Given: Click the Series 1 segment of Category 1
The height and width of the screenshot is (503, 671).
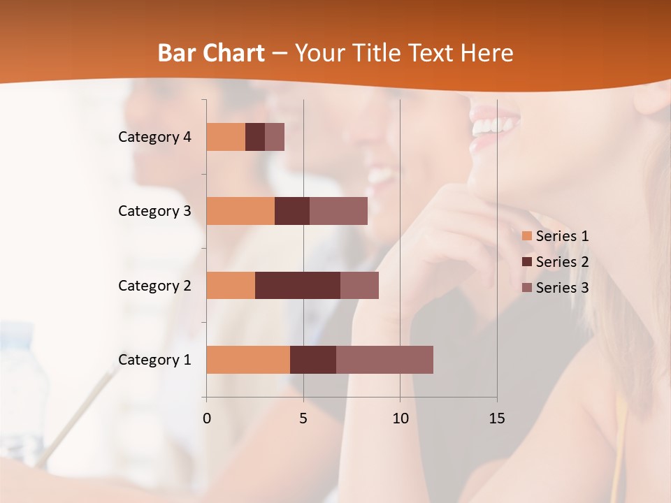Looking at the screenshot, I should click(x=248, y=359).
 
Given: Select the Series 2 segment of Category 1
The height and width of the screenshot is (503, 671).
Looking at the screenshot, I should click(x=313, y=359).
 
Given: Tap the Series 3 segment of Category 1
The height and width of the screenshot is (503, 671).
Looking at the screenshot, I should click(x=384, y=359).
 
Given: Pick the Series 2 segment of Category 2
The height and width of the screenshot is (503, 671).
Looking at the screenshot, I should click(x=298, y=285).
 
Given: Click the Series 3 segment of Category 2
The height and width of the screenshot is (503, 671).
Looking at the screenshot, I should click(x=359, y=285).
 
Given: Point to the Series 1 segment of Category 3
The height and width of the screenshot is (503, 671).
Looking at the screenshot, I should click(x=240, y=211).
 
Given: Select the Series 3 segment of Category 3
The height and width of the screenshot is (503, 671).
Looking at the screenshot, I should click(x=338, y=211).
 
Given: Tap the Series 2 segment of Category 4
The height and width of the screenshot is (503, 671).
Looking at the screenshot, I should click(x=255, y=137).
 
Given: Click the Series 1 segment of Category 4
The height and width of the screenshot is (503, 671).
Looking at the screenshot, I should click(x=226, y=137).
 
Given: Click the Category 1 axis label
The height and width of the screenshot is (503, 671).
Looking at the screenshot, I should click(x=154, y=360).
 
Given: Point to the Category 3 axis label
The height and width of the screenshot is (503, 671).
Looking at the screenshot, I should click(x=154, y=211).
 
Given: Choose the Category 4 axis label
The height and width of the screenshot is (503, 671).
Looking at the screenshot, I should click(x=154, y=137).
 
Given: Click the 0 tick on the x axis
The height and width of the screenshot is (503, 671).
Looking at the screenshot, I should click(x=207, y=418).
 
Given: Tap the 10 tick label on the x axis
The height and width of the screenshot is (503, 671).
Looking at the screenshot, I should click(x=400, y=418).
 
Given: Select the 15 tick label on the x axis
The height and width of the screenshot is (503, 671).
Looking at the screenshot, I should click(x=496, y=418).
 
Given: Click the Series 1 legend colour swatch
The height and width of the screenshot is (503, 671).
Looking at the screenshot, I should click(x=527, y=236).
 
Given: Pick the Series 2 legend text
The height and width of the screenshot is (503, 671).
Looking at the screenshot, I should click(x=562, y=262).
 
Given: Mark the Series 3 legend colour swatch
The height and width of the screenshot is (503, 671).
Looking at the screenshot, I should click(x=527, y=288).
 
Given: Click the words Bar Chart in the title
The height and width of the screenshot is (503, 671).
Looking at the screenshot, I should click(x=211, y=53).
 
